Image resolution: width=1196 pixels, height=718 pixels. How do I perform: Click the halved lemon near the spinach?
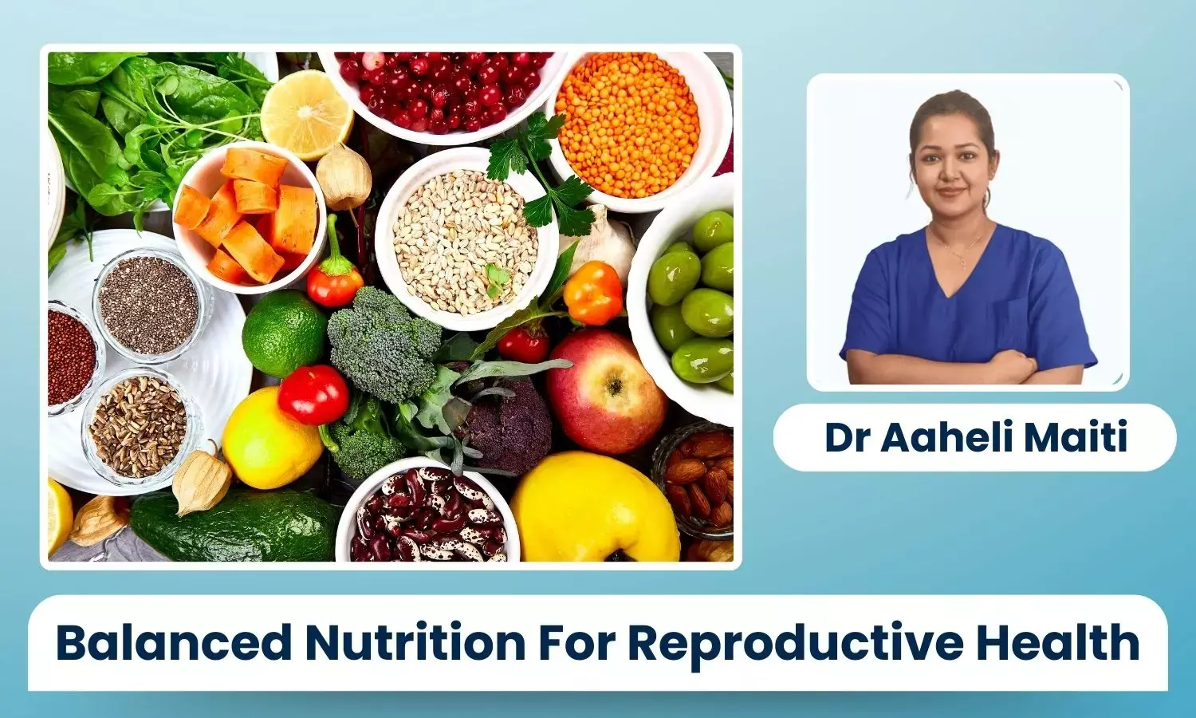pyautogui.click(x=306, y=114)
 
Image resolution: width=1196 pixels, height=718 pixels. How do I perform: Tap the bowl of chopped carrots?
pyautogui.click(x=249, y=216)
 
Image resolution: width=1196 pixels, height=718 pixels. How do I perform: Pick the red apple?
pyautogui.click(x=606, y=390)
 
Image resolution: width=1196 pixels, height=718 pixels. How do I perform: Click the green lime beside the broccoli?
pyautogui.click(x=284, y=333)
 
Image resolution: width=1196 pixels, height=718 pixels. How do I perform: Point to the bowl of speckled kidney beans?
pyautogui.click(x=427, y=511)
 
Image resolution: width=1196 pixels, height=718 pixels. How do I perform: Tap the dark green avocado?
pyautogui.click(x=235, y=527)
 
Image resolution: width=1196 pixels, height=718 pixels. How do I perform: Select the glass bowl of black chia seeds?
pyautogui.click(x=148, y=305)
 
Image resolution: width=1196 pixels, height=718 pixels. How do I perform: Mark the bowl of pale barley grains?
pyautogui.click(x=465, y=240)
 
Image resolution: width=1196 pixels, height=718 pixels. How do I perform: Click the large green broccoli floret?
pyautogui.click(x=384, y=343)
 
